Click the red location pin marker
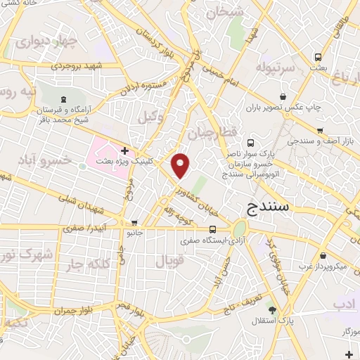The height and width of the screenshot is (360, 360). pos(181,165)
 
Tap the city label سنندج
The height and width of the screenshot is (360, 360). pos(272,208)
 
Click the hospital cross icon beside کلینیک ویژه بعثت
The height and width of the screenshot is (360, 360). pos(124,150)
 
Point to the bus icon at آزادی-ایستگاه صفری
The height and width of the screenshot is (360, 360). pos(212,229)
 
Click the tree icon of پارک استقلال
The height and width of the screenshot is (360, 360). pos(272,309)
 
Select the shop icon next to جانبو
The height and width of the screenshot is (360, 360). pos(134,223)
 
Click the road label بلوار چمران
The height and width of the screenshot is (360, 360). pos(74,309)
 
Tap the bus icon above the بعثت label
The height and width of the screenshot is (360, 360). pos(319,57)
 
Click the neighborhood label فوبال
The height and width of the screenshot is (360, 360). pos(169,262)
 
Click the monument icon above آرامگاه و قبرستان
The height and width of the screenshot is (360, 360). pos(64,99)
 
